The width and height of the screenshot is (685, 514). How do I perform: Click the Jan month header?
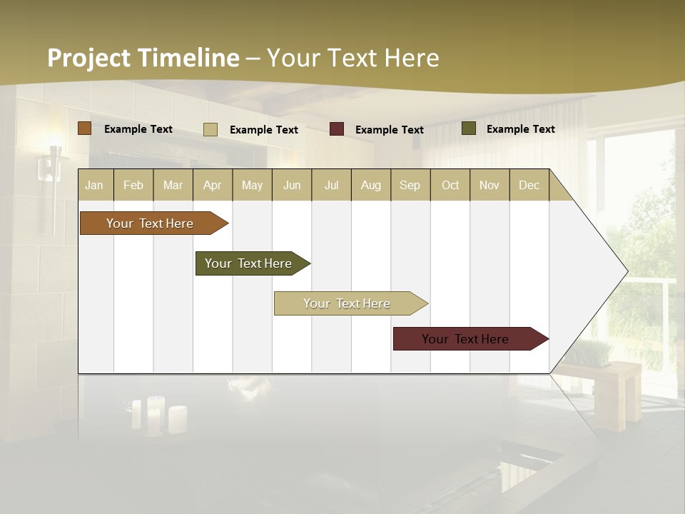[x=94, y=185]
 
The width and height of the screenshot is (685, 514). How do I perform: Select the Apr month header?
[x=213, y=185]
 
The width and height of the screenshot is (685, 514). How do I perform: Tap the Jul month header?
[x=331, y=185]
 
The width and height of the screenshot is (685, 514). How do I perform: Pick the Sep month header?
[x=410, y=185]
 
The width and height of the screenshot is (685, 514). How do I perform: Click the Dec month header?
[x=529, y=185]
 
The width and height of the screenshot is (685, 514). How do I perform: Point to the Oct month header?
[x=450, y=185]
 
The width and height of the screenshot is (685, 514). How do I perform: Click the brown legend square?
[x=85, y=128]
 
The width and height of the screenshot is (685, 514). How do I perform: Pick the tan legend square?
[x=210, y=129]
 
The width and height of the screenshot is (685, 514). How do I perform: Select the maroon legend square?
[x=337, y=129]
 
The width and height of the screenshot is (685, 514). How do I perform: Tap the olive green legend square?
[x=469, y=128]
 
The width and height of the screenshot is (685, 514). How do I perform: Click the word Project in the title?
[x=89, y=58]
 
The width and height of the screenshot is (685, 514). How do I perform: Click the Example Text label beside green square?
[x=520, y=128]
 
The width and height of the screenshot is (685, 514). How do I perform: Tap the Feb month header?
[x=133, y=185]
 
